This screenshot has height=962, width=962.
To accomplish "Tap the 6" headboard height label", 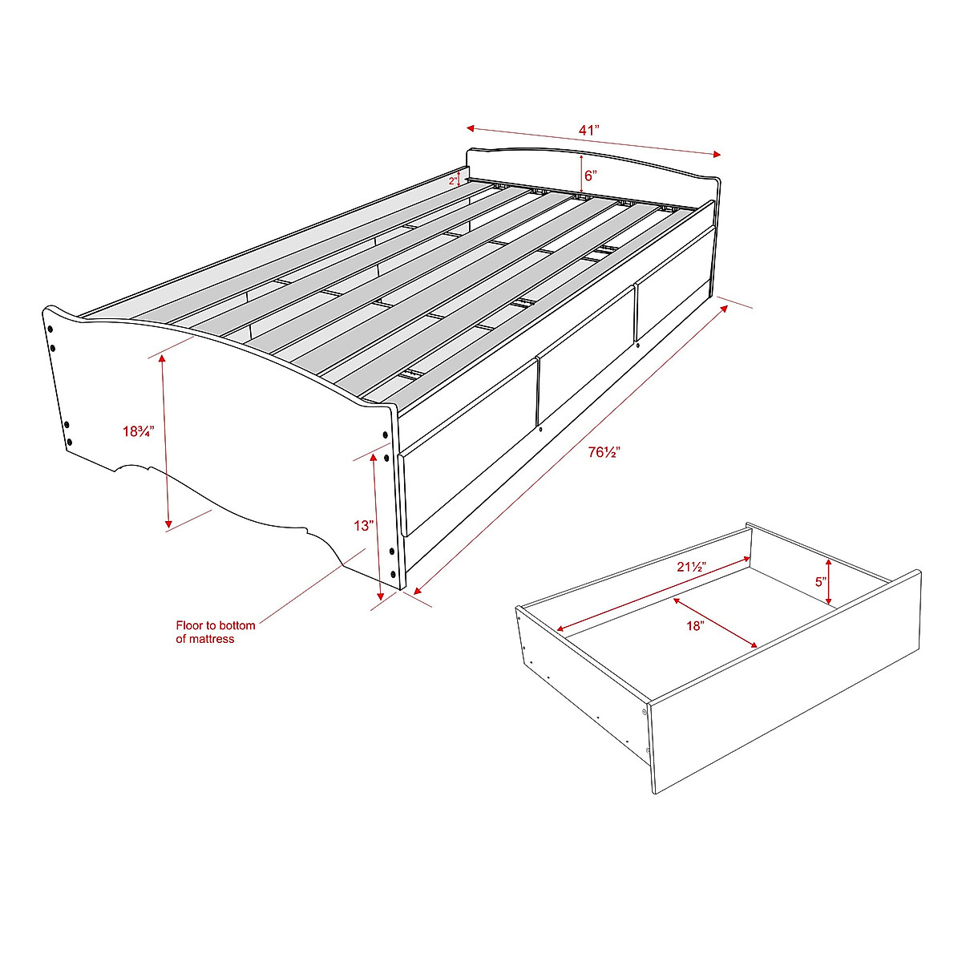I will point(591,175).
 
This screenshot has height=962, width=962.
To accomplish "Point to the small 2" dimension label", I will point(453,181).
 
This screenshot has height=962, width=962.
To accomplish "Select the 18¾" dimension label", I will point(138,431).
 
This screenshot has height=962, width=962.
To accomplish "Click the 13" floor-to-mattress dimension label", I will point(364,526).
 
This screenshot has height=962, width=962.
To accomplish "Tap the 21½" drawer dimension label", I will point(690,567).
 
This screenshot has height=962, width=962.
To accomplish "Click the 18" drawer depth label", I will point(694,626).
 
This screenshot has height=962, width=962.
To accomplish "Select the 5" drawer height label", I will point(820,582).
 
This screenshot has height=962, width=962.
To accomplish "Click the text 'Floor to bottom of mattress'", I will point(215,632).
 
